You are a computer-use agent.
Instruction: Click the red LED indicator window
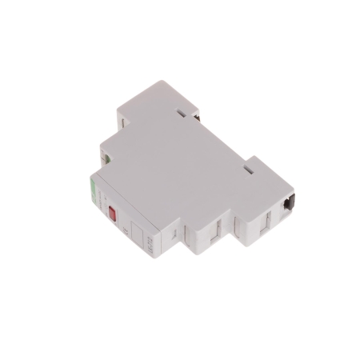point(112,214)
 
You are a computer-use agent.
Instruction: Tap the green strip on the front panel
point(92,190)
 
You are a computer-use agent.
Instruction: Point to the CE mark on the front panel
point(127,231)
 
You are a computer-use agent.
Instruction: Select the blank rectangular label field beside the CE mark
point(138,238)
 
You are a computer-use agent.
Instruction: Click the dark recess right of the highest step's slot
point(196,114)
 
